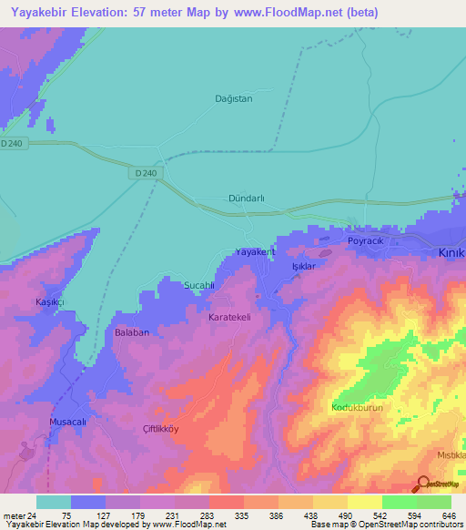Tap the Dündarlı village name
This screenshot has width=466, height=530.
coord(245,198)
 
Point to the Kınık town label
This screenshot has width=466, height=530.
coord(451,252)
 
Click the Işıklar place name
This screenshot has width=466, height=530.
coord(302,266)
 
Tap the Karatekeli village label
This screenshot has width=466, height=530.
coord(236,317)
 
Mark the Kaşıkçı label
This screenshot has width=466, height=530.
coord(51,301)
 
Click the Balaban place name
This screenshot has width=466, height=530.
coord(131,332)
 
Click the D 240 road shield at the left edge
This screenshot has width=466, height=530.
coord(12,144)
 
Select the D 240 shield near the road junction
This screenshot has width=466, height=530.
coord(145,173)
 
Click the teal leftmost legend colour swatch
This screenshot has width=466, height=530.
coord(54,502)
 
